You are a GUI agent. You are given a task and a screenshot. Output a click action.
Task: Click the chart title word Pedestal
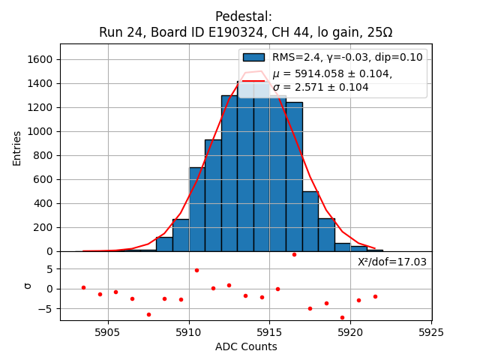pyautogui.click(x=244, y=16)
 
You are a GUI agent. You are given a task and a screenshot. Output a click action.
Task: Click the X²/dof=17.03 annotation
pyautogui.click(x=391, y=262)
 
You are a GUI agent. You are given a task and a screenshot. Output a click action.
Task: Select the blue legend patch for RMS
pyautogui.click(x=253, y=58)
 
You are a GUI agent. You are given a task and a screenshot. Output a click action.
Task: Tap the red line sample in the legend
pyautogui.click(x=253, y=80)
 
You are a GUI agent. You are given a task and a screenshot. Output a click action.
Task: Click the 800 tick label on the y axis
pyautogui.click(x=43, y=155)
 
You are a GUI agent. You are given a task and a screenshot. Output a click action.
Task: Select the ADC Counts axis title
pyautogui.click(x=246, y=346)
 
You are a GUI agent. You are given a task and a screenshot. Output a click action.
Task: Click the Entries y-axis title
pyautogui.click(x=17, y=148)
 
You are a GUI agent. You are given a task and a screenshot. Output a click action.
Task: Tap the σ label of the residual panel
pyautogui.click(x=27, y=285)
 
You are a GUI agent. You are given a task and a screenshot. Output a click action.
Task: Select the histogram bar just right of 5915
pyautogui.click(x=277, y=180)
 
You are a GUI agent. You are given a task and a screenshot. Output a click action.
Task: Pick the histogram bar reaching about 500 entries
pyautogui.click(x=310, y=221)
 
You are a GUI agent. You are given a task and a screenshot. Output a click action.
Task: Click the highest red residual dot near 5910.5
pyautogui.click(x=196, y=270)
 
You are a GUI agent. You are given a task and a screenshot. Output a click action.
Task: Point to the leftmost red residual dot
pyautogui.click(x=83, y=287)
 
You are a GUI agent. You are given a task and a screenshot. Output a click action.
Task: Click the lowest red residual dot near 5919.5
pyautogui.click(x=342, y=317)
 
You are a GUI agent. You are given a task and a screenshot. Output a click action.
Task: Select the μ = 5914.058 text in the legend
pyautogui.click(x=331, y=73)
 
